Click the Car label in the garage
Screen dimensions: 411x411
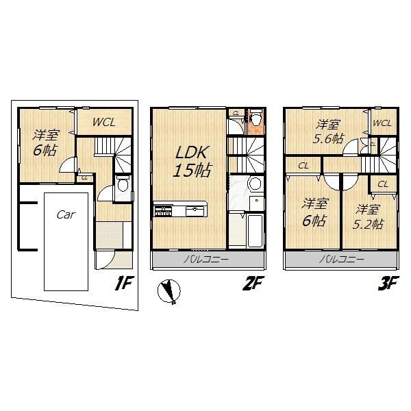click(x=65, y=214)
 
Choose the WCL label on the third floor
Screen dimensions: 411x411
click(x=382, y=123)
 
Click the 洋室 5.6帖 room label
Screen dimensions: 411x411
click(x=327, y=130)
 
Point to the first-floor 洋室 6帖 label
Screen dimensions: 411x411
click(x=45, y=142)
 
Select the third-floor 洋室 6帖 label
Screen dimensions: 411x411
click(x=314, y=212)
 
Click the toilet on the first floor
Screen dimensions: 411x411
click(x=123, y=184)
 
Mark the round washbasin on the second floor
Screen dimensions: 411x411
click(x=254, y=184)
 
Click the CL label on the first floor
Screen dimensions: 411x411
click(x=84, y=177)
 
